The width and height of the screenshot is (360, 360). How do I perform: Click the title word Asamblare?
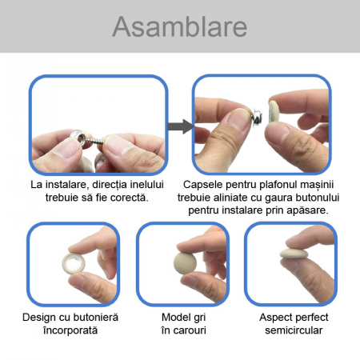pyautogui.click(x=180, y=26)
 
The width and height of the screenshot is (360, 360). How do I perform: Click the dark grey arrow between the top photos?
pyautogui.click(x=181, y=126)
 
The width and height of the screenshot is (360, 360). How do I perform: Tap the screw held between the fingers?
pyautogui.click(x=93, y=140)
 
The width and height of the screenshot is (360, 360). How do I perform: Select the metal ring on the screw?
pyautogui.click(x=78, y=136)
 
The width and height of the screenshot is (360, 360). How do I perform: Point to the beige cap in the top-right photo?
pyautogui.click(x=274, y=111)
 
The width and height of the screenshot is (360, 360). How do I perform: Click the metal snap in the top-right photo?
pyautogui.click(x=257, y=115)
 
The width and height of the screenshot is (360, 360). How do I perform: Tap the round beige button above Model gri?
pyautogui.click(x=185, y=263)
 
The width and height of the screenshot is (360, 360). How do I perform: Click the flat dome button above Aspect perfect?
pyautogui.click(x=294, y=253)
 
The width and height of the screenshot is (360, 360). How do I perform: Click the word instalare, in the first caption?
pyautogui.click(x=66, y=185)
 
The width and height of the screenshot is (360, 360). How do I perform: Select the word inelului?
pyautogui.click(x=147, y=185)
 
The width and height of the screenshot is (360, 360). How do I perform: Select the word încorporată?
pyautogui.click(x=70, y=330)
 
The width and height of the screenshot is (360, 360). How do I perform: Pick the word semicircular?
pyautogui.click(x=294, y=330)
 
